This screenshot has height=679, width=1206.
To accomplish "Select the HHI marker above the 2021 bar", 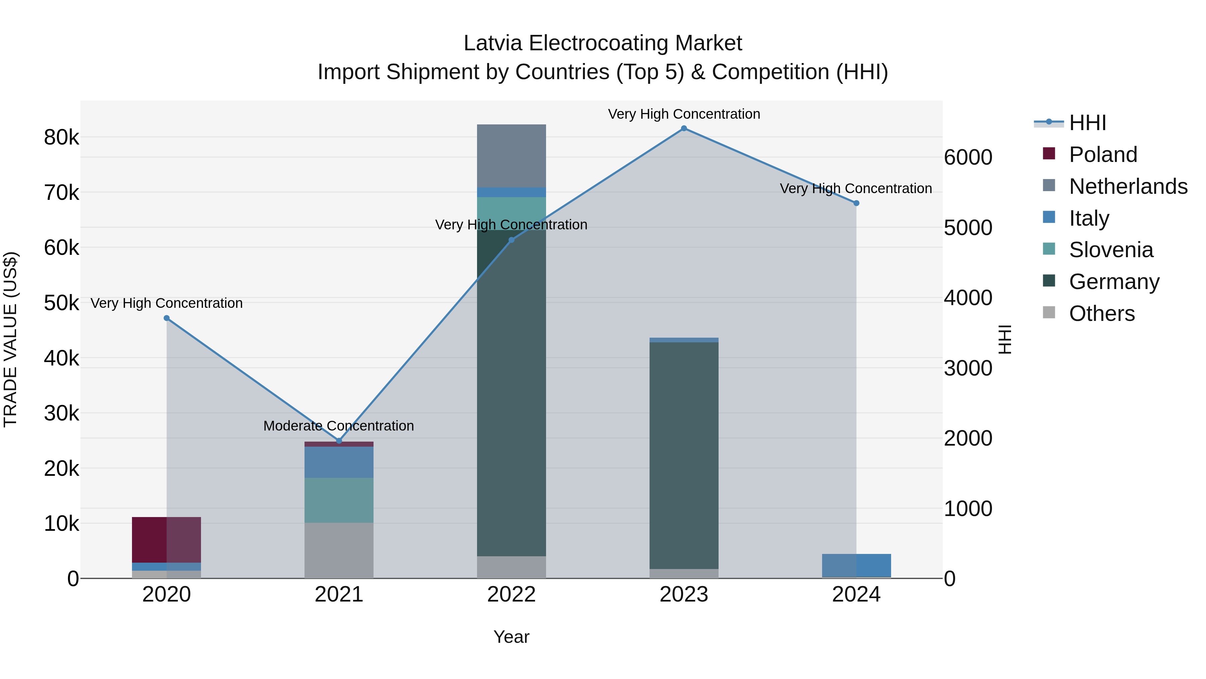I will (x=339, y=441).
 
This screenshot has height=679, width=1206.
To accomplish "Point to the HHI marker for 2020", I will (x=167, y=318).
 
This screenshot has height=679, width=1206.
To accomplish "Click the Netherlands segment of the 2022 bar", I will (x=511, y=156).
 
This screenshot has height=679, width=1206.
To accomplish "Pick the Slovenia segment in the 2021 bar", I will (x=339, y=500).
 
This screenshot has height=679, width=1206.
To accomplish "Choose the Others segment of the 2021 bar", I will (x=339, y=550).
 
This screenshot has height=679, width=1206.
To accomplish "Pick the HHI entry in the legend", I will (x=1087, y=123).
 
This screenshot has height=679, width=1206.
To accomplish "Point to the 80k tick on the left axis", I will (x=61, y=138).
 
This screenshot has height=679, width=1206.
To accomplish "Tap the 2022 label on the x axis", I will (x=511, y=595).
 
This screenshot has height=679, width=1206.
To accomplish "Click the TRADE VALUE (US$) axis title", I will (x=11, y=339).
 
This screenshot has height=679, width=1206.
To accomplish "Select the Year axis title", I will (x=511, y=637).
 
